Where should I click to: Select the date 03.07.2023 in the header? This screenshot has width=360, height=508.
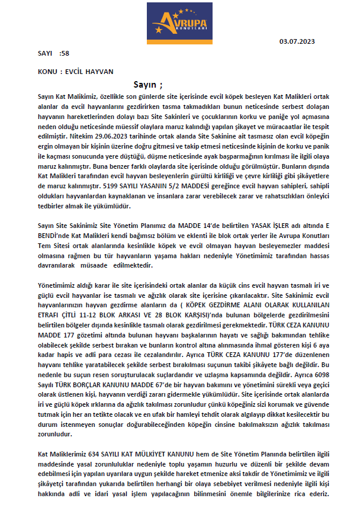pos(297,41)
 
